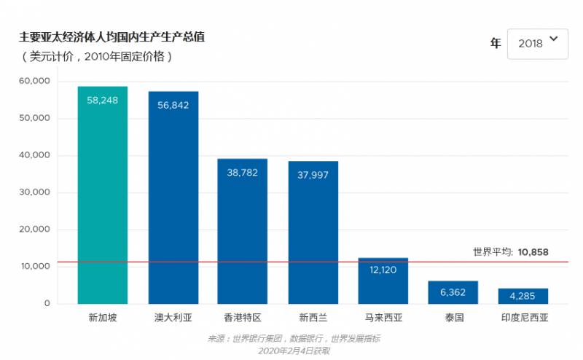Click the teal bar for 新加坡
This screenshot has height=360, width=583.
(x=103, y=197)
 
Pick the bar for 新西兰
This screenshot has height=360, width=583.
(x=313, y=233)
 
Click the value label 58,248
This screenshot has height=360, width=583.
(x=103, y=100)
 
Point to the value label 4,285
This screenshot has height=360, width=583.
(x=523, y=296)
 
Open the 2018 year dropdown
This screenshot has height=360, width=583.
(x=537, y=44)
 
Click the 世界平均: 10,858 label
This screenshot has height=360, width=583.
(x=510, y=252)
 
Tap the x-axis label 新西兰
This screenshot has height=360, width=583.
(x=313, y=318)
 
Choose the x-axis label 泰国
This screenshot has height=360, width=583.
(x=453, y=318)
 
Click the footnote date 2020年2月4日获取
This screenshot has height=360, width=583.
(x=294, y=351)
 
